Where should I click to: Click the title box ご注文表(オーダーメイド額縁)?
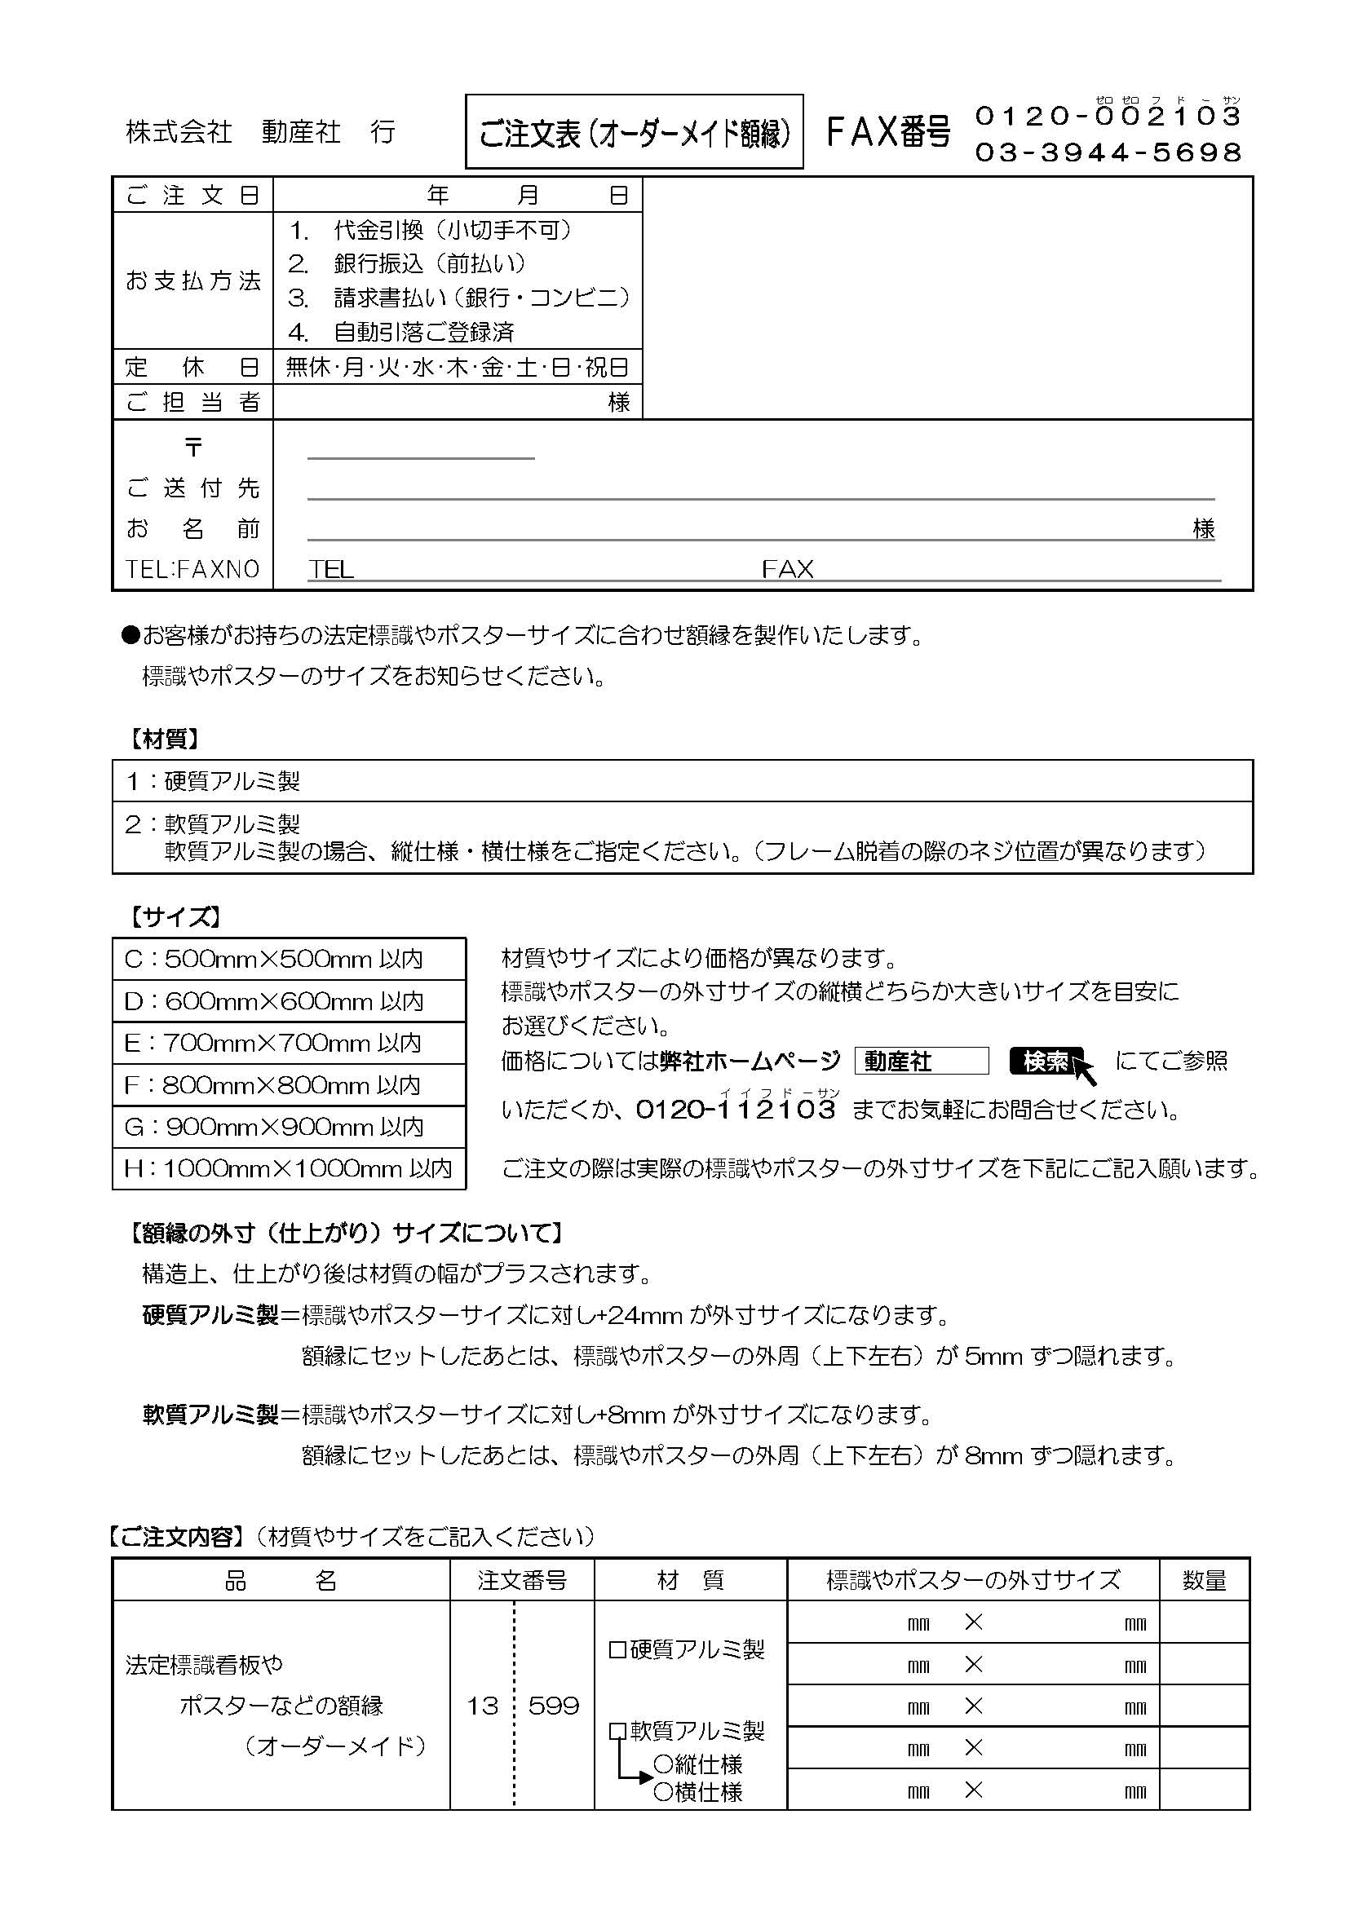point(634,132)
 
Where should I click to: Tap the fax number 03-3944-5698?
point(1108,152)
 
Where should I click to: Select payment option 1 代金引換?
point(430,230)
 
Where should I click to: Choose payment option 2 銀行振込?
point(407,264)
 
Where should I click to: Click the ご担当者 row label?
point(192,402)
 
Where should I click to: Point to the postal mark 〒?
point(193,448)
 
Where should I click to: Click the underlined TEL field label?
point(330,569)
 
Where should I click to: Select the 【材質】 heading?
point(164,739)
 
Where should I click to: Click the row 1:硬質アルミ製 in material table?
point(213,781)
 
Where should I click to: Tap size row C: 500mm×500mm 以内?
point(273,960)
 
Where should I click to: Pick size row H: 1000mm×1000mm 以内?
point(287,1168)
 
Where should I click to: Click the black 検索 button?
point(1046,1062)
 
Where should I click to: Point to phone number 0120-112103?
point(735,1109)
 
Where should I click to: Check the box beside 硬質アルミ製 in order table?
point(617,1649)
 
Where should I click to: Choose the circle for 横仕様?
point(663,1791)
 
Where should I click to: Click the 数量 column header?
point(1204,1580)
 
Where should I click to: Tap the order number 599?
point(553,1706)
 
